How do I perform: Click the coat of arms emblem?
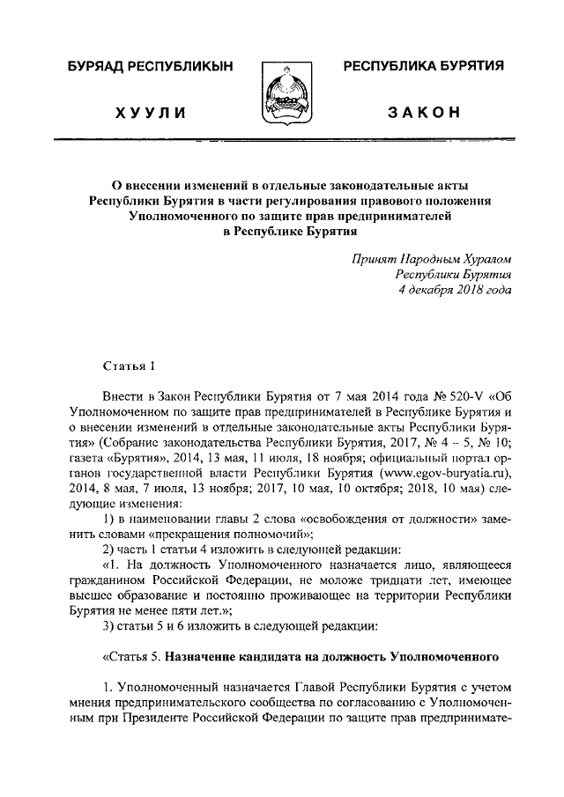283,92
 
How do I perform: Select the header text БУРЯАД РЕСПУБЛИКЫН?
147,68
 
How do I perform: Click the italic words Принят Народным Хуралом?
431,258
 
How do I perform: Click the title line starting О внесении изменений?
281,185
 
